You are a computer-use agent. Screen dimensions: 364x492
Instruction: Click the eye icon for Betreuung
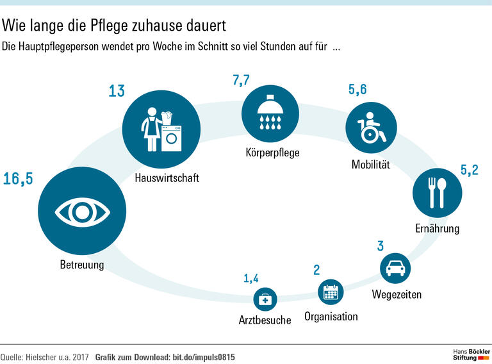(76, 210)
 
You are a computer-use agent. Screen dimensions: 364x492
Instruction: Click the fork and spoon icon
(436, 192)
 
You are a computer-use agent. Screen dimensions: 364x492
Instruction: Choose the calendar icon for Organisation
(331, 292)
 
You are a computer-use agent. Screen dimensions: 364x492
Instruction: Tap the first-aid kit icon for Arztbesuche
(265, 299)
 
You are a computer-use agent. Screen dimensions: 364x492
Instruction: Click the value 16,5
(17, 179)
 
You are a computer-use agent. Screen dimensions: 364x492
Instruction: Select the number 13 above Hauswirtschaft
(116, 92)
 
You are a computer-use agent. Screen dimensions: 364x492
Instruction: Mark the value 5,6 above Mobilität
(357, 90)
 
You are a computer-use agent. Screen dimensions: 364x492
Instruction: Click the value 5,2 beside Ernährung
(469, 170)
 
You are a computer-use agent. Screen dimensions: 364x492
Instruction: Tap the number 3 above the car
(380, 245)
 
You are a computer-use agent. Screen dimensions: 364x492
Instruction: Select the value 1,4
(252, 278)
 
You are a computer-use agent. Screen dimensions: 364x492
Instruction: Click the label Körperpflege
(272, 153)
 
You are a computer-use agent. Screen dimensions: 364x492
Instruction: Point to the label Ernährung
(437, 228)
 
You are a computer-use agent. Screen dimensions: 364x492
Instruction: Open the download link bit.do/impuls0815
(204, 357)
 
